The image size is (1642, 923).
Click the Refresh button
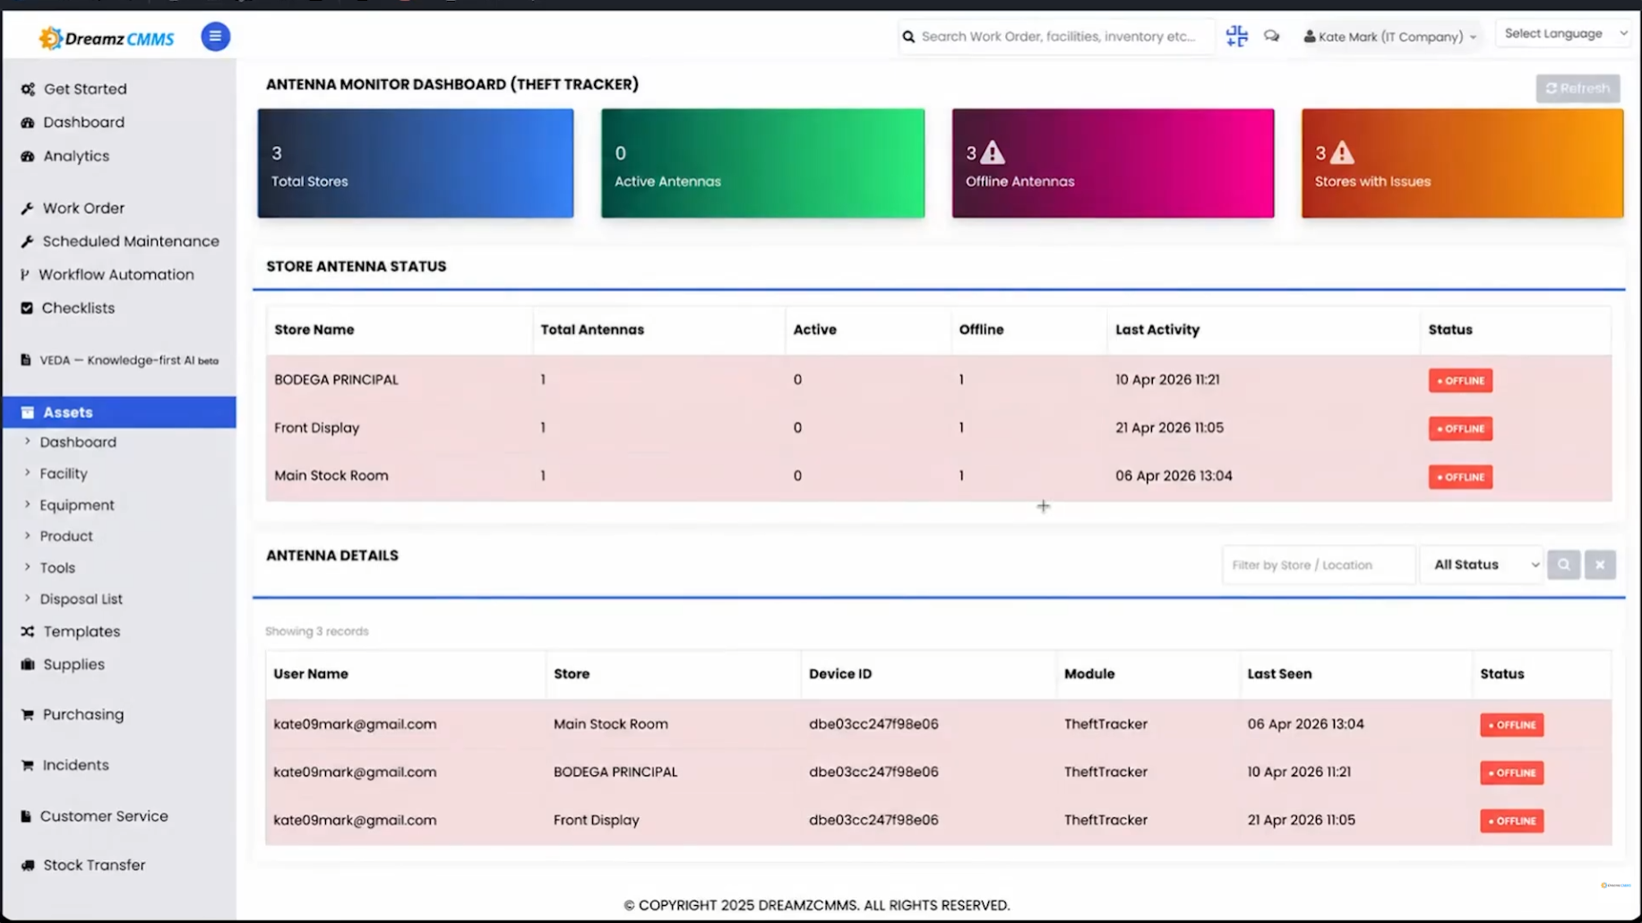(1578, 89)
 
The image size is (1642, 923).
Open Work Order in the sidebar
(83, 208)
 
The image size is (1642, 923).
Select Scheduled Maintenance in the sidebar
(130, 241)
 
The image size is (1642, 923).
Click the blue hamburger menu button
(215, 37)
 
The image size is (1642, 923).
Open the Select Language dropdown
(1563, 34)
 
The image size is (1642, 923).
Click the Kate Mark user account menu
(1389, 37)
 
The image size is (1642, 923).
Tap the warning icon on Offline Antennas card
(992, 152)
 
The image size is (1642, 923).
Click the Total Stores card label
(309, 181)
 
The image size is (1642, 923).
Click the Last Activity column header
(1156, 330)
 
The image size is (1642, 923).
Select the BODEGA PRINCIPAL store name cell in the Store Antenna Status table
(336, 380)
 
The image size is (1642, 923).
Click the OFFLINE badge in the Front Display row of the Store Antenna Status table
(1460, 428)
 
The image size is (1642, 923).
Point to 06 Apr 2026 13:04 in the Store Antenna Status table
(1173, 476)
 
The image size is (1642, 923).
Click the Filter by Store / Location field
(1318, 565)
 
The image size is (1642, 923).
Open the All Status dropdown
(1483, 565)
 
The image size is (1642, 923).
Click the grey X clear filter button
(1599, 565)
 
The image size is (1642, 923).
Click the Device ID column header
(839, 674)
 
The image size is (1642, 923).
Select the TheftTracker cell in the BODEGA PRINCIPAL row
(1105, 772)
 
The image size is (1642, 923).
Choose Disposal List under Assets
(81, 599)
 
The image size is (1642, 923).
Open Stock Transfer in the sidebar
(93, 865)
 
